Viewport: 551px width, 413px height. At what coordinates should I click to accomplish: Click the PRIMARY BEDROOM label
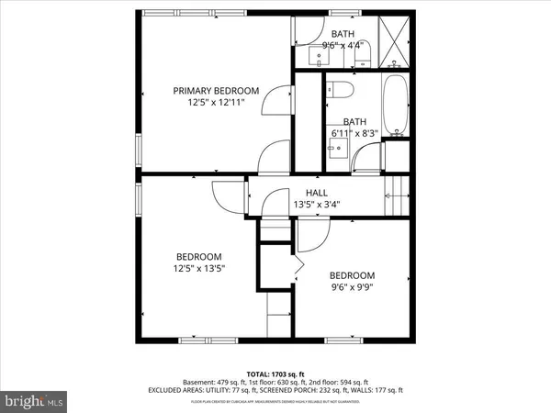pyautogui.click(x=217, y=91)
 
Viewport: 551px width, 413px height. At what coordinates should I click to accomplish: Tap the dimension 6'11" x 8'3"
pyautogui.click(x=354, y=134)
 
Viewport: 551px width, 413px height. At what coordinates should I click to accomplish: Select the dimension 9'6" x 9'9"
pyautogui.click(x=353, y=288)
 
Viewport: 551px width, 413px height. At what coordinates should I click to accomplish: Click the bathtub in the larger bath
pyautogui.click(x=397, y=108)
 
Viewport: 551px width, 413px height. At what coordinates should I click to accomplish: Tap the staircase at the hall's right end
pyautogui.click(x=394, y=193)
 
